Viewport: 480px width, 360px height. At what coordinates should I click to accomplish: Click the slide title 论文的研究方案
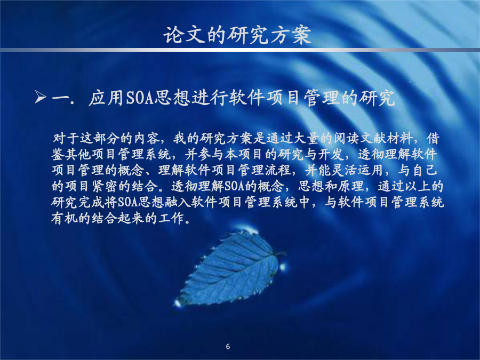tap(237, 35)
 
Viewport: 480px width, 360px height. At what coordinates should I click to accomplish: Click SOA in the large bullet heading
tap(140, 98)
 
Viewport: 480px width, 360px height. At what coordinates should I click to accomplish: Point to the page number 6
tap(228, 347)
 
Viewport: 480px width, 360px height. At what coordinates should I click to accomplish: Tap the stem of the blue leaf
tap(281, 254)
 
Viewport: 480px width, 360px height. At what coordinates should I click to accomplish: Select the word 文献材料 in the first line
tap(387, 139)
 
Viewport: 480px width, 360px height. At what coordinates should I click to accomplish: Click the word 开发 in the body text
tap(332, 155)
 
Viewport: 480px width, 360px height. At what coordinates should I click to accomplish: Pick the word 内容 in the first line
tap(147, 139)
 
